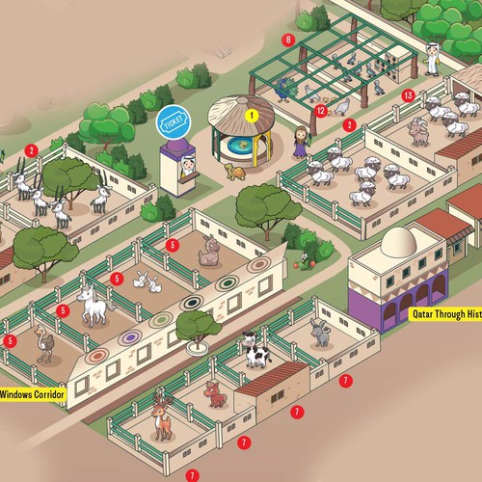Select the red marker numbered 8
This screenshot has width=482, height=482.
pyautogui.click(x=287, y=40)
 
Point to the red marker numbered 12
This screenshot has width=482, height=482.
pyautogui.click(x=322, y=111)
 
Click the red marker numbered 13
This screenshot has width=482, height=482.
pyautogui.click(x=409, y=94)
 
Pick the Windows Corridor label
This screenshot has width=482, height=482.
pyautogui.click(x=34, y=393)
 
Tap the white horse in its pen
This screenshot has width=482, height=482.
pyautogui.click(x=94, y=307)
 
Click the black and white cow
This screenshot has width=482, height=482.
pyautogui.click(x=256, y=351)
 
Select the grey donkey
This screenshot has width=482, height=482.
pyautogui.click(x=319, y=333)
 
